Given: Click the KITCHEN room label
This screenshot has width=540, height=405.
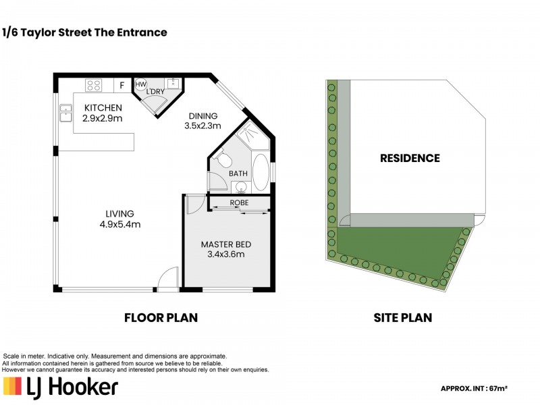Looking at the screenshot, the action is [x=103, y=108].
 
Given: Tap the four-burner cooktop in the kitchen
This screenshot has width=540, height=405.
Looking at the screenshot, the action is [x=94, y=85].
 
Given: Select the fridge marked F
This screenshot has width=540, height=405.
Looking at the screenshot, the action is [x=122, y=85].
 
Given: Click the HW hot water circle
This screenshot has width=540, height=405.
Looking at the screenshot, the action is [x=140, y=84].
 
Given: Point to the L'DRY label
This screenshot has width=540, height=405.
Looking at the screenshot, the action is [x=155, y=92].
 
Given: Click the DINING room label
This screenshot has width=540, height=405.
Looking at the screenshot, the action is [x=203, y=116].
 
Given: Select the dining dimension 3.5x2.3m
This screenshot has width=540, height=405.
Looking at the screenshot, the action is [x=202, y=126].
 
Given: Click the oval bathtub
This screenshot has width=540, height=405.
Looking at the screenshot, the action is [x=261, y=173].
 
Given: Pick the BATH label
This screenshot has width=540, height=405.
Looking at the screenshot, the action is [x=238, y=173].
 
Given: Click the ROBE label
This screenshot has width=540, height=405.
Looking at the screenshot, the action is [x=239, y=203].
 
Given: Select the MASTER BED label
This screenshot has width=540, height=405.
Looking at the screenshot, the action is [x=226, y=244].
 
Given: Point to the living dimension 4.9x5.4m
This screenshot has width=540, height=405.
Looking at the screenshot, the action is [x=120, y=225].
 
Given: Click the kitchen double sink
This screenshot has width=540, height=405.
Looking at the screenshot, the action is [x=65, y=113].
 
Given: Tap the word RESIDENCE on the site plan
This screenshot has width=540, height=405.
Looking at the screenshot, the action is [x=410, y=158].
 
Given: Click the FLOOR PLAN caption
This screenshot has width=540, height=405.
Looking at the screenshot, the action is [x=161, y=317].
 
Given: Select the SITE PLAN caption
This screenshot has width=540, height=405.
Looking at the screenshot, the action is [x=402, y=317].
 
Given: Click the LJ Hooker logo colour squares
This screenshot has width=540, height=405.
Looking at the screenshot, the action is [x=12, y=385].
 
